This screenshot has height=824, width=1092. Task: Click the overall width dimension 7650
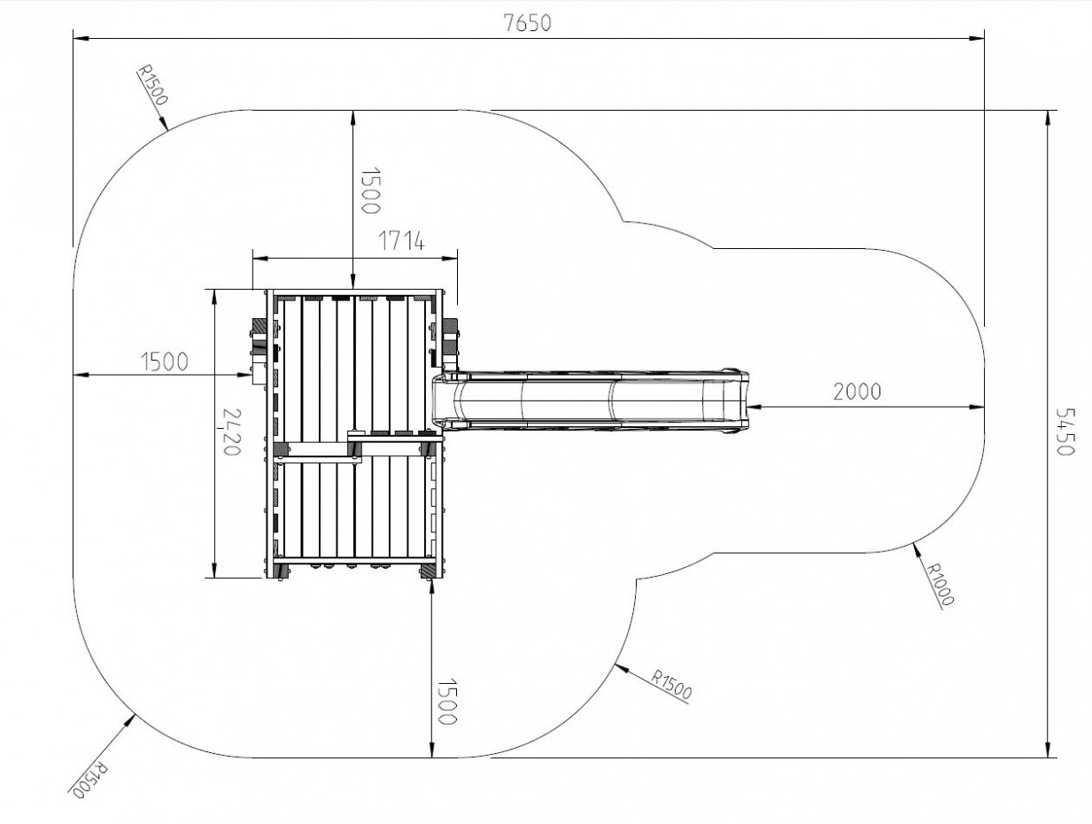coord(528,23)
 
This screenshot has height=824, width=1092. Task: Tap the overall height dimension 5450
coord(1065,431)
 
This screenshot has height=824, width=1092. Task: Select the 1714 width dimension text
coord(402,241)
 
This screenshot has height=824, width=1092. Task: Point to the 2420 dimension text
coord(232,431)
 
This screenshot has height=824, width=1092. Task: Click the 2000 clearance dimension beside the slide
coord(857,392)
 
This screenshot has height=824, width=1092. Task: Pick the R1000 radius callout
coord(939,584)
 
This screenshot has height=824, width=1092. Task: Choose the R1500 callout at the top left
coord(152,84)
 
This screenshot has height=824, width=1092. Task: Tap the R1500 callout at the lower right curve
coord(671,686)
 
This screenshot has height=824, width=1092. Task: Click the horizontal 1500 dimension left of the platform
coord(165,361)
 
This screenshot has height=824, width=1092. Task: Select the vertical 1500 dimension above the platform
coord(369,190)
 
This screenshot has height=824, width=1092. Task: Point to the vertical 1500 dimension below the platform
coord(445,702)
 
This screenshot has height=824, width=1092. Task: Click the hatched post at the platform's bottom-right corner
coord(427,571)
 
